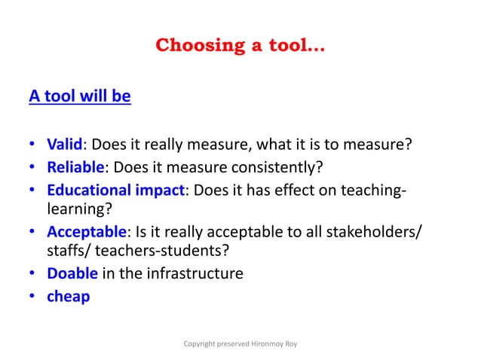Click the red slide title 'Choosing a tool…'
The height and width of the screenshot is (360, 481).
[240, 46]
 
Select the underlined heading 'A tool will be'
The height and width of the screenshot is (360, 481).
[79, 97]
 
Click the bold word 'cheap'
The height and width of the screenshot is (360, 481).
[68, 296]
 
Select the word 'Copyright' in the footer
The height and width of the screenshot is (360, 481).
[201, 344]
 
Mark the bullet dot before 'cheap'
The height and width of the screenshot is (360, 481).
[34, 297]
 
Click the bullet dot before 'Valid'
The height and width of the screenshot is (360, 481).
[34, 145]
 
